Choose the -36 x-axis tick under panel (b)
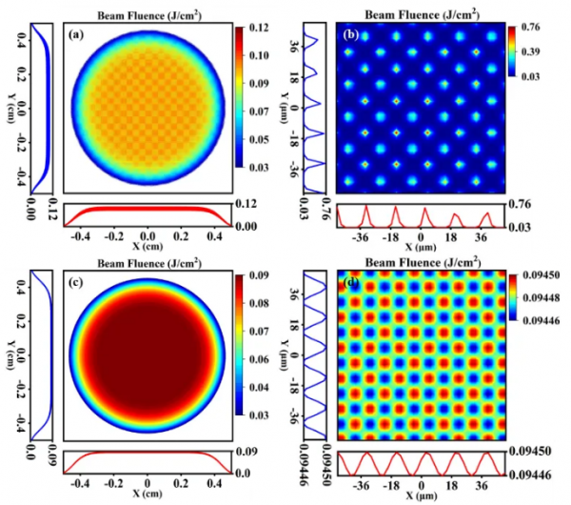pos(361,238)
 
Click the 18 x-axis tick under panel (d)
pos(450,484)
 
